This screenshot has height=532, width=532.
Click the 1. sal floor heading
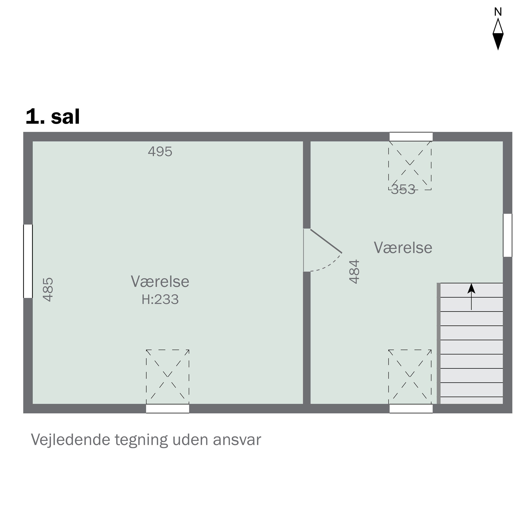pyautogui.click(x=53, y=117)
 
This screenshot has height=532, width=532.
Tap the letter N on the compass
pyautogui.click(x=498, y=12)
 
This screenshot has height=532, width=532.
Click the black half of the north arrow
pyautogui.click(x=498, y=41)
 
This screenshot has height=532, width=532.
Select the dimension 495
pyautogui.click(x=160, y=151)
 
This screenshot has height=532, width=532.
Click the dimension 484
pyautogui.click(x=354, y=271)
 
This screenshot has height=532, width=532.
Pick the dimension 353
pyautogui.click(x=403, y=189)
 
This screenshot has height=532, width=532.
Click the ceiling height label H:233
pyautogui.click(x=160, y=300)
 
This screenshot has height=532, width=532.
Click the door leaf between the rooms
pyautogui.click(x=326, y=241)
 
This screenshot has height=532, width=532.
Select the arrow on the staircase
pyautogui.click(x=471, y=297)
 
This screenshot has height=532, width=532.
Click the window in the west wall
pyautogui.click(x=28, y=261)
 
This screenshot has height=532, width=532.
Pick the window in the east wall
pyautogui.click(x=508, y=235)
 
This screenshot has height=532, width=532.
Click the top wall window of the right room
pyautogui.click(x=411, y=137)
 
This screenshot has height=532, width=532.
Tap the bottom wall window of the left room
pyautogui.click(x=167, y=409)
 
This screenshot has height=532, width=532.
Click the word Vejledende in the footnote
pyautogui.click(x=71, y=440)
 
